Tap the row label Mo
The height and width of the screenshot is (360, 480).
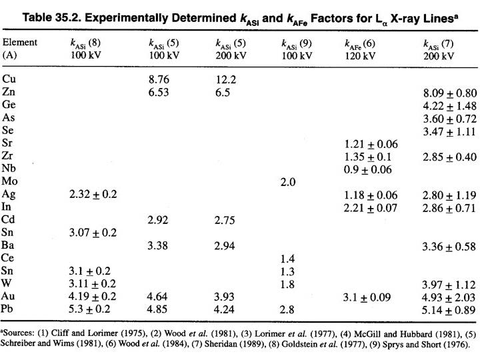[x=10, y=181]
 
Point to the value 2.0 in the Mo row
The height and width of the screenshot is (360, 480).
[x=288, y=181]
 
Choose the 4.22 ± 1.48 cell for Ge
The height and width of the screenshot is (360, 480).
[x=448, y=105]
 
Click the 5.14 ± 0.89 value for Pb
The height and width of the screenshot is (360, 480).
[x=448, y=311]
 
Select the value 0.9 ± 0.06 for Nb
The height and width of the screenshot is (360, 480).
[x=369, y=169]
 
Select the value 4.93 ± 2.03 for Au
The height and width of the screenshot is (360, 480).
[x=448, y=298]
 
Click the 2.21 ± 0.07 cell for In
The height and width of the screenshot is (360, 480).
[x=371, y=207]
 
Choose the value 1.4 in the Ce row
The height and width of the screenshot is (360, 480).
[x=287, y=259]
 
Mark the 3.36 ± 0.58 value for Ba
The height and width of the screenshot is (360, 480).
[x=448, y=246]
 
